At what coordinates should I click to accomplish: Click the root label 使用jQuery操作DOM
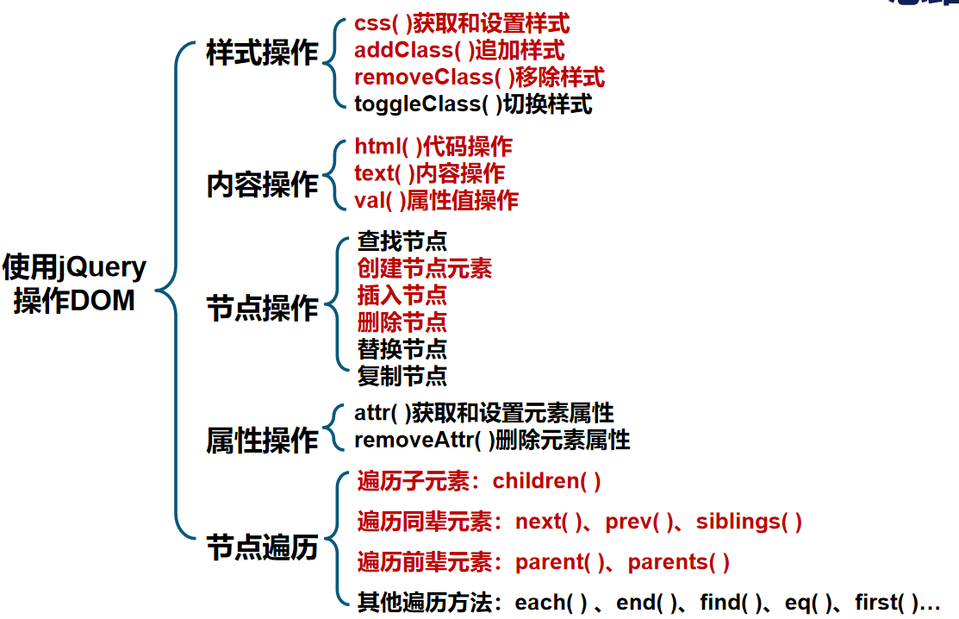[75, 284]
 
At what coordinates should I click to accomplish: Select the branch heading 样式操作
[262, 53]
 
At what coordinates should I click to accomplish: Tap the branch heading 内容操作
[262, 184]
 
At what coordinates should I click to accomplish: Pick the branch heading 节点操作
[262, 309]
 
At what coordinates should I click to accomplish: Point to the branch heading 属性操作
[262, 441]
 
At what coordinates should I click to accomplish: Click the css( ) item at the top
[462, 24]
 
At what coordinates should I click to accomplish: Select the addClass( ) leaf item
[459, 51]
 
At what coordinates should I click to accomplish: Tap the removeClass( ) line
[479, 78]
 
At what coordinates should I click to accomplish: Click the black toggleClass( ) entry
[473, 104]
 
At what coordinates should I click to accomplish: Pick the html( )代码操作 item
[433, 147]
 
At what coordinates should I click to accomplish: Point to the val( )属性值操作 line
[436, 200]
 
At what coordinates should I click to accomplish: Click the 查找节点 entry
[402, 241]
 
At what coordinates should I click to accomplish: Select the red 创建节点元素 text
[424, 268]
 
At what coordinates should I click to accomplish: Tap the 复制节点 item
[402, 376]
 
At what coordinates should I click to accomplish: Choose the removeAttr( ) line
[492, 440]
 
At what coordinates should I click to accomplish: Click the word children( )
[546, 481]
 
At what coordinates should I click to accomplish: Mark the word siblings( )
[749, 522]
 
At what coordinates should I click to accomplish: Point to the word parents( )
[679, 562]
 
